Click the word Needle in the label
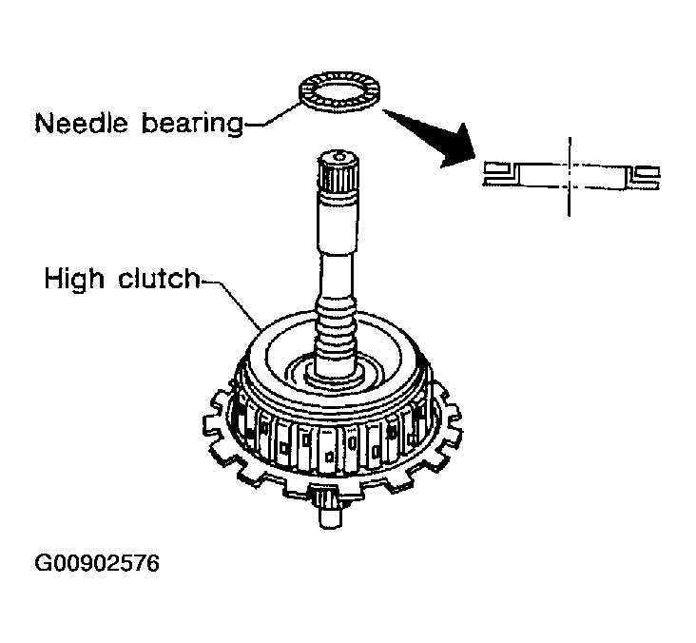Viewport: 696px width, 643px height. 79,123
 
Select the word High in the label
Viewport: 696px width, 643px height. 74,280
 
